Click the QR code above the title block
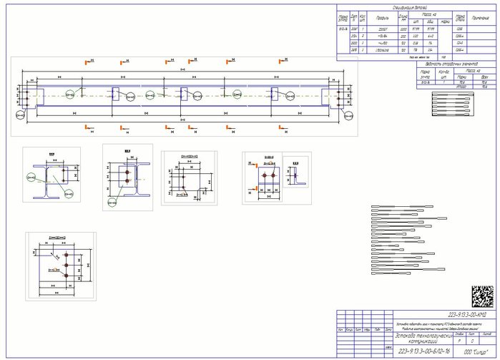[x=482, y=296]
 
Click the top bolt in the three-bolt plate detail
[x=65, y=255]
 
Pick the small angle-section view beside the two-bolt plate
[x=295, y=172]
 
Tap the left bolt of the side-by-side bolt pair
[x=264, y=175]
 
